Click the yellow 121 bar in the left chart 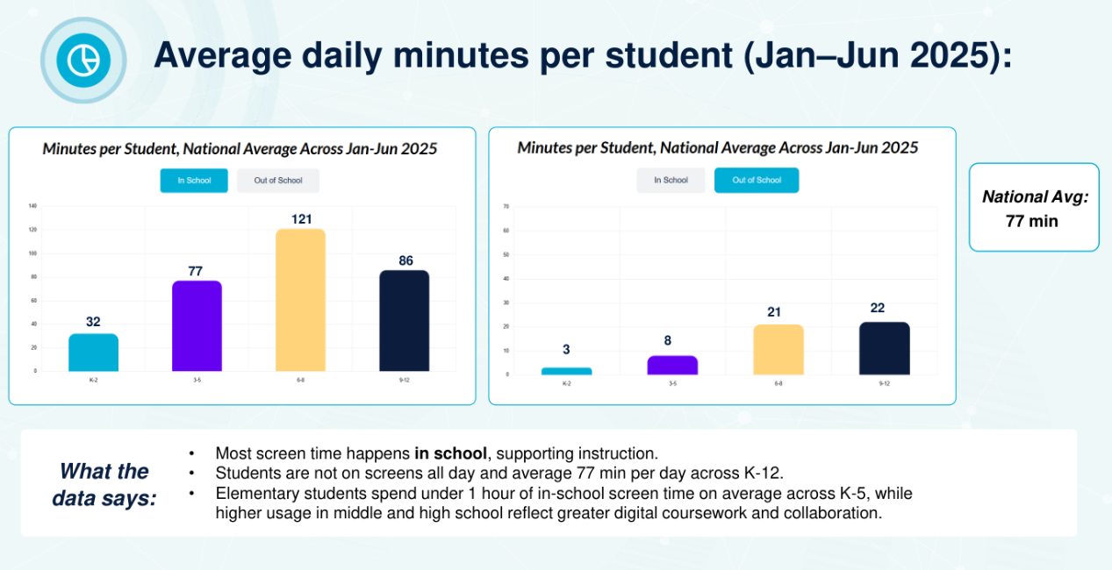pyautogui.click(x=300, y=300)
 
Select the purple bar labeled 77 pyautogui.click(x=197, y=326)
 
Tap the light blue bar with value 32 pyautogui.click(x=93, y=353)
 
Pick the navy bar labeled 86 pyautogui.click(x=404, y=321)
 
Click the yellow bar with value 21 pyautogui.click(x=778, y=350)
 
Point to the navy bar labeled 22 pyautogui.click(x=884, y=349)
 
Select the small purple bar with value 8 pyautogui.click(x=672, y=365)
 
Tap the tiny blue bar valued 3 pyautogui.click(x=566, y=371)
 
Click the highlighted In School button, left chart pyautogui.click(x=194, y=181)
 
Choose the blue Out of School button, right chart pyautogui.click(x=757, y=181)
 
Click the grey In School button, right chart pyautogui.click(x=671, y=181)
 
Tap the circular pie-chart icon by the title pyautogui.click(x=83, y=60)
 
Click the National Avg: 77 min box pyautogui.click(x=1034, y=208)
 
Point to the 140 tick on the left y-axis pyautogui.click(x=32, y=206)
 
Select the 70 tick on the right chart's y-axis pyautogui.click(x=506, y=207)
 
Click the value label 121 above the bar pyautogui.click(x=300, y=219)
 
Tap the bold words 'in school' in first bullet pyautogui.click(x=450, y=454)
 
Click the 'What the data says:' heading pyautogui.click(x=104, y=485)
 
